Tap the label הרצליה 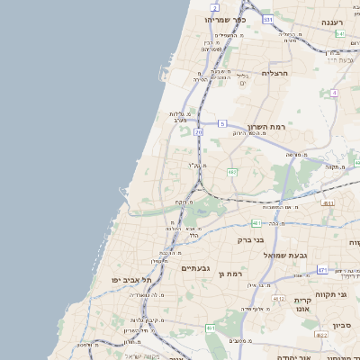click(274, 73)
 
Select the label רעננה click(337, 21)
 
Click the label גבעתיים click(194, 268)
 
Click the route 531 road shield click(267, 19)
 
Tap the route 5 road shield click(221, 123)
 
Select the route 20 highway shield click(198, 132)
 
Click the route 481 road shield click(256, 222)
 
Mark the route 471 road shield click(322, 270)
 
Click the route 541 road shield click(340, 33)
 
